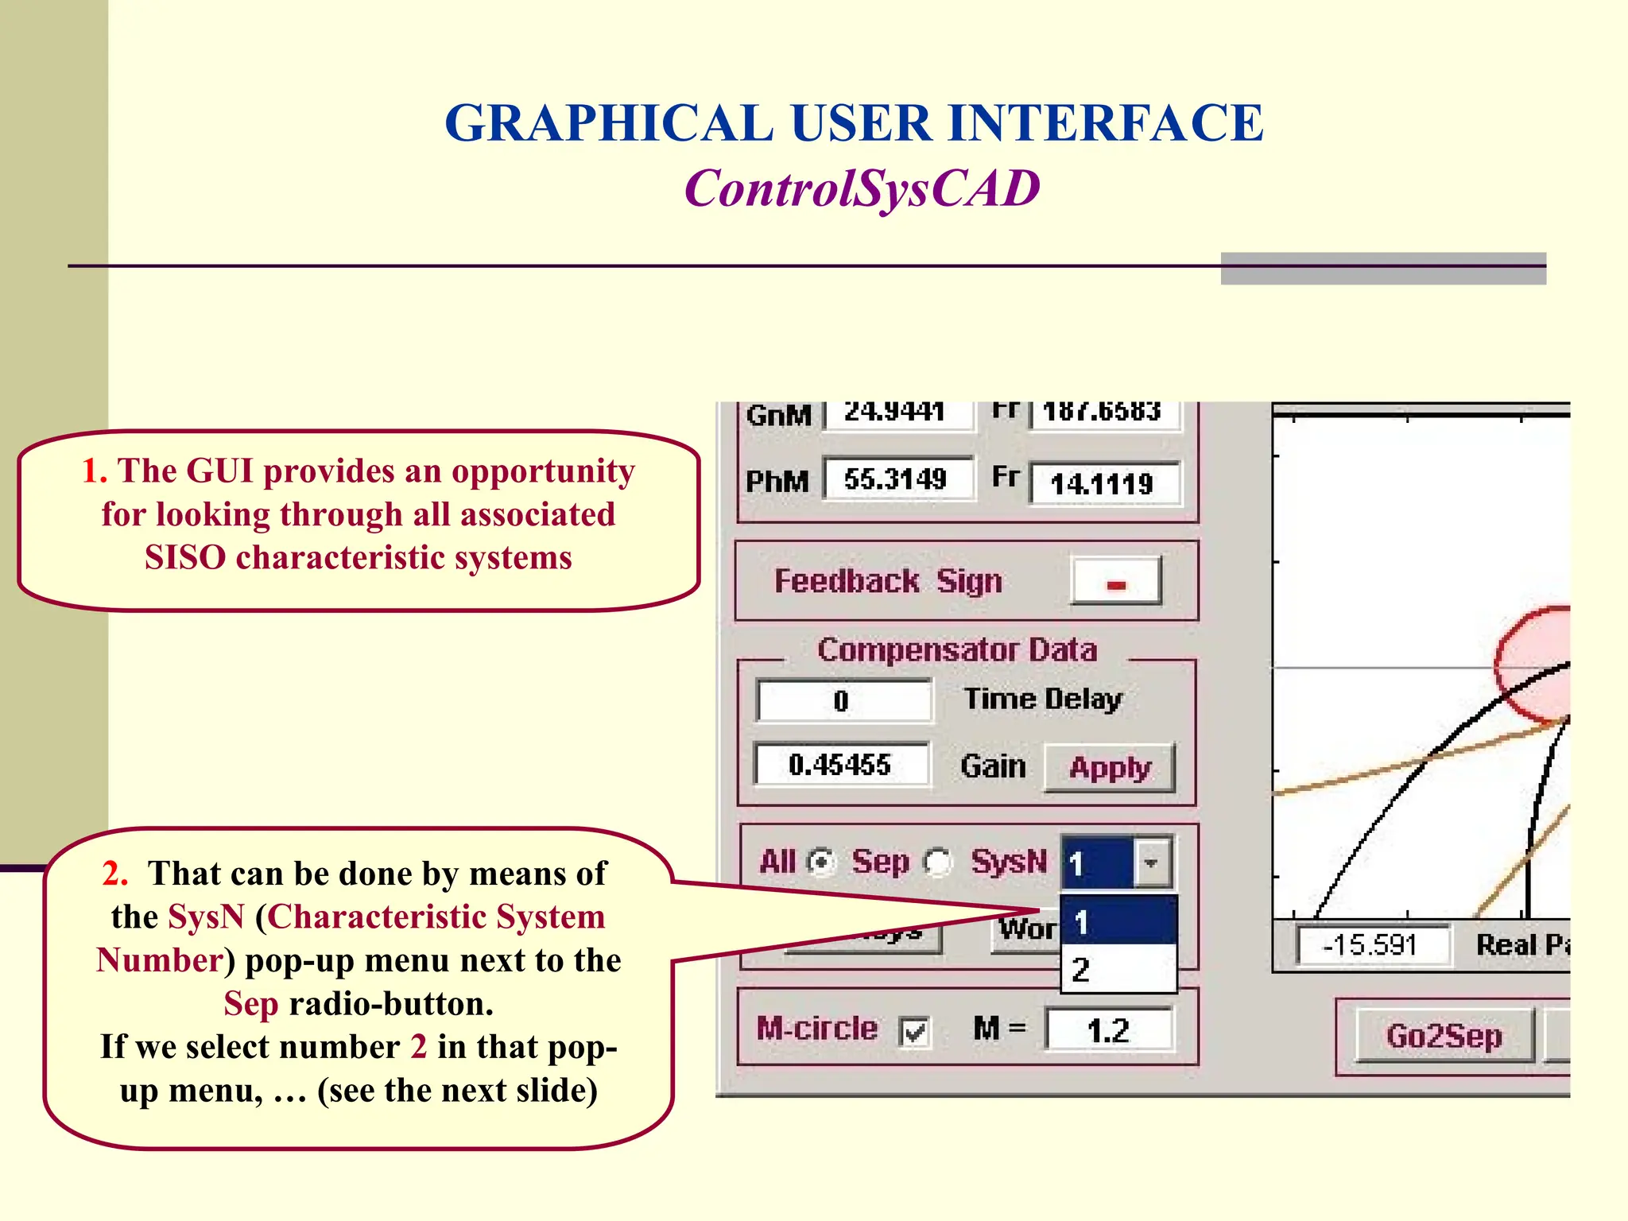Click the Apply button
(x=1110, y=768)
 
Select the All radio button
(x=821, y=862)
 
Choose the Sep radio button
(x=938, y=862)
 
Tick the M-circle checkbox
(x=914, y=1032)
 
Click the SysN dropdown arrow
(x=1151, y=862)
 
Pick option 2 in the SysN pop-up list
(x=1118, y=970)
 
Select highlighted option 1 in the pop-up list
(x=1118, y=922)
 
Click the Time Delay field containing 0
(x=843, y=701)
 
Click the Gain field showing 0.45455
(x=841, y=765)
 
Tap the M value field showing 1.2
(x=1108, y=1030)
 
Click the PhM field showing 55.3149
(x=897, y=479)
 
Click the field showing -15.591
(x=1370, y=945)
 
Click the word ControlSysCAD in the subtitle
(x=862, y=189)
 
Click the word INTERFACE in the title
(x=1105, y=124)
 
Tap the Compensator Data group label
(x=956, y=650)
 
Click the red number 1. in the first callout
(x=95, y=471)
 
